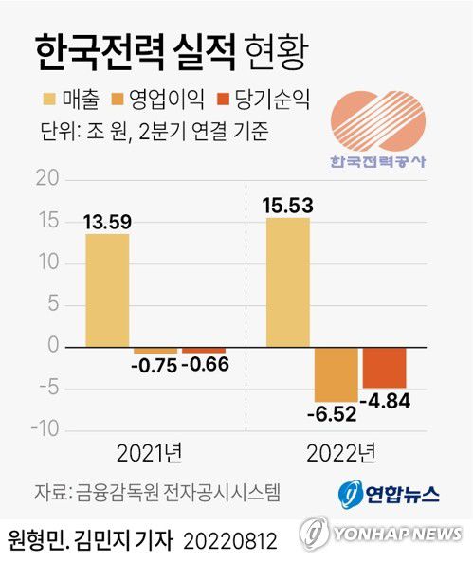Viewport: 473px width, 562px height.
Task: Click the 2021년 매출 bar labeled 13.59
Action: pyautogui.click(x=107, y=290)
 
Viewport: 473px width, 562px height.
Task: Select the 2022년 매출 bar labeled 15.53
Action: pyautogui.click(x=287, y=282)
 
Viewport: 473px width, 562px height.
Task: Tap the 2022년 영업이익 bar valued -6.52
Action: pyautogui.click(x=336, y=373)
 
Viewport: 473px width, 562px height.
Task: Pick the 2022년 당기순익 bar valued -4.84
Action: pyautogui.click(x=384, y=367)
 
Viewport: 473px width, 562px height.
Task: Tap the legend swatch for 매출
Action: pyautogui.click(x=50, y=100)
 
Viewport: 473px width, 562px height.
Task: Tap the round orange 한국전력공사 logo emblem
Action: pyautogui.click(x=377, y=120)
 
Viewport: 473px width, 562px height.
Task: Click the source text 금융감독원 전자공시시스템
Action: pyautogui.click(x=174, y=492)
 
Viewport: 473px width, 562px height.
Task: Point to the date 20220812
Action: pyautogui.click(x=230, y=542)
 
